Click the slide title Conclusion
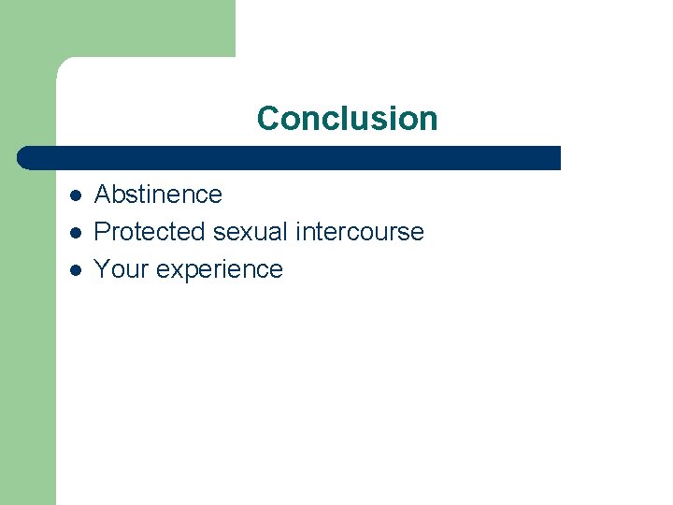click(x=347, y=119)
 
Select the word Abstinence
click(x=158, y=195)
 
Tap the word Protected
click(x=150, y=232)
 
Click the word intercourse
click(x=360, y=232)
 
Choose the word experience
click(x=220, y=270)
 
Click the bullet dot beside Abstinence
click(x=76, y=195)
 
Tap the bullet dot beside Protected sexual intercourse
click(x=76, y=233)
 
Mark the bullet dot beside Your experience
click(x=76, y=270)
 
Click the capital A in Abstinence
click(x=103, y=195)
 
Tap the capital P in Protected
click(x=103, y=232)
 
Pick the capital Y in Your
click(x=103, y=269)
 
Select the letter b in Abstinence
click(x=119, y=195)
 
